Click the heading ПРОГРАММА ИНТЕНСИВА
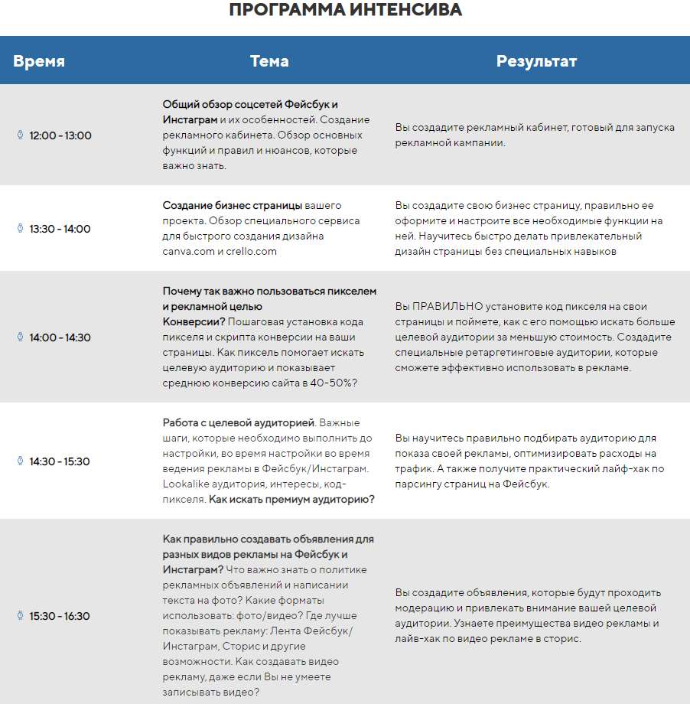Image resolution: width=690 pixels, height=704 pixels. point(345,11)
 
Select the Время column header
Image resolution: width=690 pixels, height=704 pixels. point(39,61)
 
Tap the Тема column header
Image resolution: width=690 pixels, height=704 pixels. point(269,61)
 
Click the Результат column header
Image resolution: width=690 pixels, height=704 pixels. point(536,61)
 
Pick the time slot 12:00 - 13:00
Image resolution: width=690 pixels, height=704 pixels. point(60,135)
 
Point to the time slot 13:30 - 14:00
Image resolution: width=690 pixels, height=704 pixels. point(60,229)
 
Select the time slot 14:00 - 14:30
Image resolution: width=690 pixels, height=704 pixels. point(60,337)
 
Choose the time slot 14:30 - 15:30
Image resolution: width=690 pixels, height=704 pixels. point(60,461)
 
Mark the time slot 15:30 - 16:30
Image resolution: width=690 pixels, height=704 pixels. point(60,616)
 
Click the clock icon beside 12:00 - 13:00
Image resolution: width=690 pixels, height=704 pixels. point(21,135)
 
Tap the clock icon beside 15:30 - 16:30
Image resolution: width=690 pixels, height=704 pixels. point(21,616)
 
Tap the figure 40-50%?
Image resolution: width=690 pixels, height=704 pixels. point(334,383)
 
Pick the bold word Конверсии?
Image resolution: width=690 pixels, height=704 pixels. point(194,321)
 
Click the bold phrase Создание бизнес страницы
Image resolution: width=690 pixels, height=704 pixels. point(233,206)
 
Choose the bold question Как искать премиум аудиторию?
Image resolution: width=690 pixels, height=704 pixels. point(292,499)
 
